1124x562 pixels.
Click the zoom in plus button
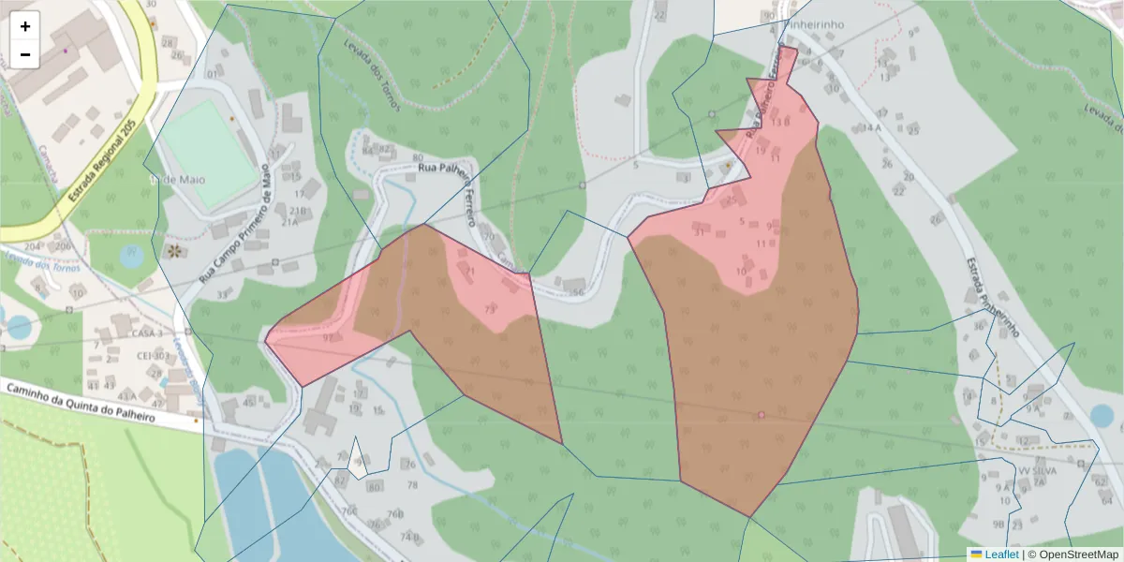[25, 26]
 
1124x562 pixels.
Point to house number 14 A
[872, 127]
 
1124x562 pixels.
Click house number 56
[578, 292]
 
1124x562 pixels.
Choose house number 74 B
[409, 538]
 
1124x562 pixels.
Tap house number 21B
[298, 211]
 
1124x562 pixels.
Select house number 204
[34, 246]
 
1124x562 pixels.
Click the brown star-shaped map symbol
[173, 251]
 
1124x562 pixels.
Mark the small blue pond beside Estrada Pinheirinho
[1102, 415]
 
